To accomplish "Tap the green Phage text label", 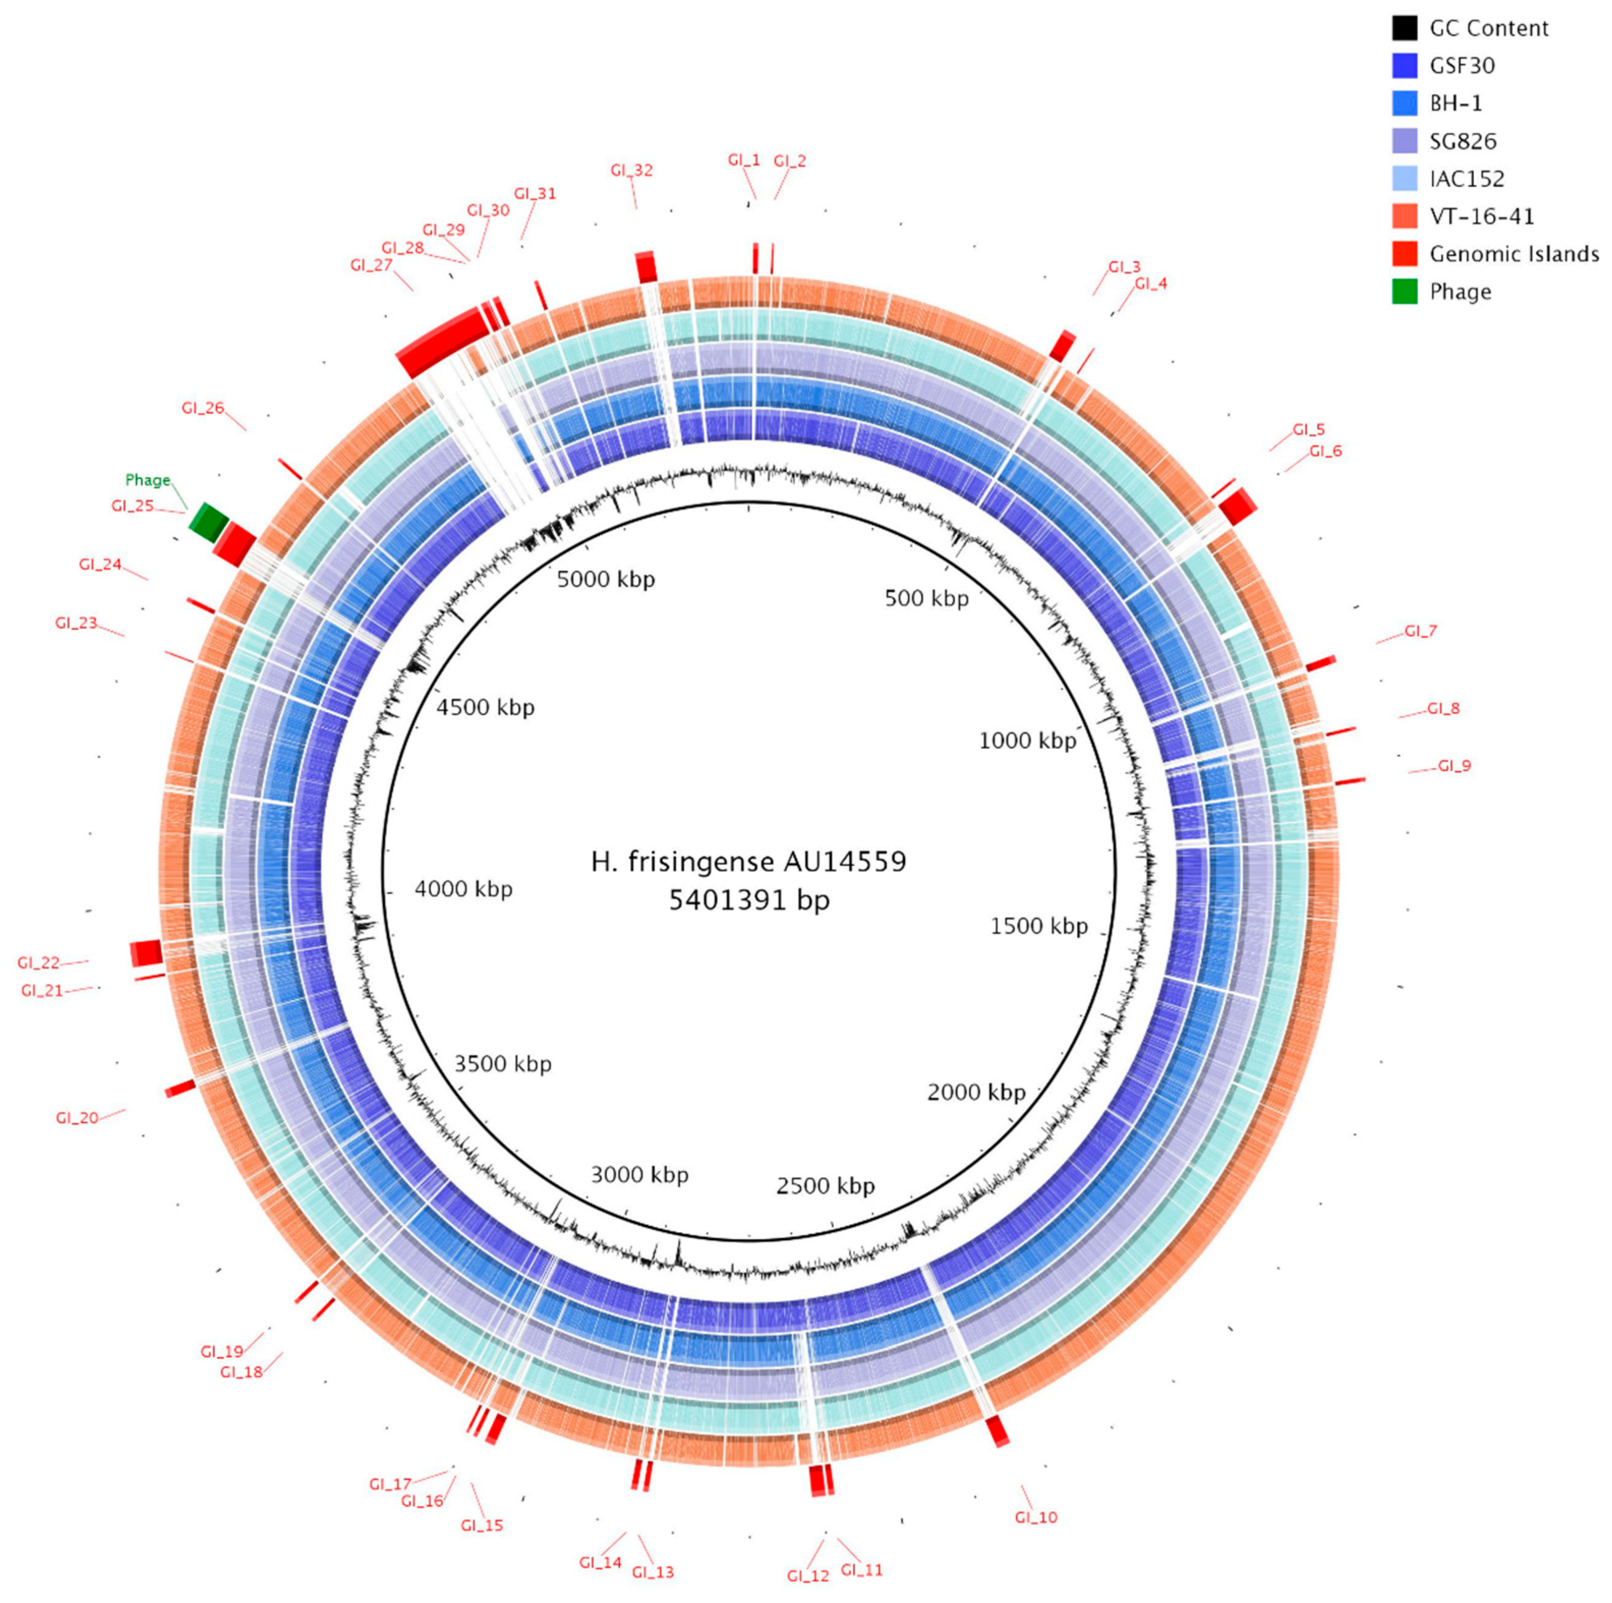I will pos(147,480).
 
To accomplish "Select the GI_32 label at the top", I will pos(631,170).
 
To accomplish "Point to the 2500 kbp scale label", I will pos(825,1186).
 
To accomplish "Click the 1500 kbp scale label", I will pos(1039,926).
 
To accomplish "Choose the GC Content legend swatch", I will pos(1404,28).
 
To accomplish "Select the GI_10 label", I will pos(1035,1517).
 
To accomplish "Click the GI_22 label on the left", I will pos(38,964).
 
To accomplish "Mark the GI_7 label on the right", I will pos(1420,631).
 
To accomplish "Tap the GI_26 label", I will pos(203,408).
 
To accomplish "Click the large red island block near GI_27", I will pos(442,340).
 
